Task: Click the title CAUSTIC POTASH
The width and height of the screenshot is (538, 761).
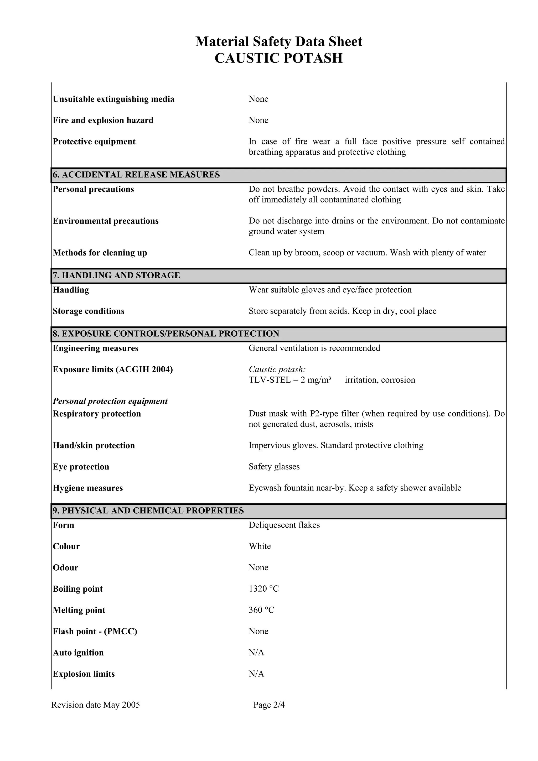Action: pyautogui.click(x=278, y=58)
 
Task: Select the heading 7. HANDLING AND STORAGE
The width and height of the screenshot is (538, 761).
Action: pyautogui.click(x=116, y=275)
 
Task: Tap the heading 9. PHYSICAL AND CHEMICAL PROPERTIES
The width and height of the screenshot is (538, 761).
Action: pyautogui.click(x=148, y=510)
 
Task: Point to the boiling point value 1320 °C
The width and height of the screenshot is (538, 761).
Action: pyautogui.click(x=263, y=589)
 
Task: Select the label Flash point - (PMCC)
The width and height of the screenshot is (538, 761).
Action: pyautogui.click(x=95, y=631)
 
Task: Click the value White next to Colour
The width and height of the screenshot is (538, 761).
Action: pyautogui.click(x=260, y=546)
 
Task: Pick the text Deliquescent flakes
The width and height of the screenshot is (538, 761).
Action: pyautogui.click(x=284, y=525)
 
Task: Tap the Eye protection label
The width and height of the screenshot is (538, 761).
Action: pyautogui.click(x=81, y=467)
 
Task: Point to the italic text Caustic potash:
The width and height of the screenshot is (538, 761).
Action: pyautogui.click(x=277, y=369)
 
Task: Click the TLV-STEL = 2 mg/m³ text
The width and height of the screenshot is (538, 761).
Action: pyautogui.click(x=290, y=380)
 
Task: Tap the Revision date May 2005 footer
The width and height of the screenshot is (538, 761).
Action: pyautogui.click(x=95, y=705)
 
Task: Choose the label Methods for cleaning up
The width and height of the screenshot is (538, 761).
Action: pyautogui.click(x=100, y=253)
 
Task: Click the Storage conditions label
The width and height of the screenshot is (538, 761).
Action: pyautogui.click(x=89, y=311)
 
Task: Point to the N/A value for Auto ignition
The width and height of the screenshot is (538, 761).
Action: pyautogui.click(x=256, y=653)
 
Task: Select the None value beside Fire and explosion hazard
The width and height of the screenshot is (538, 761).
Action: pyautogui.click(x=258, y=120)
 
